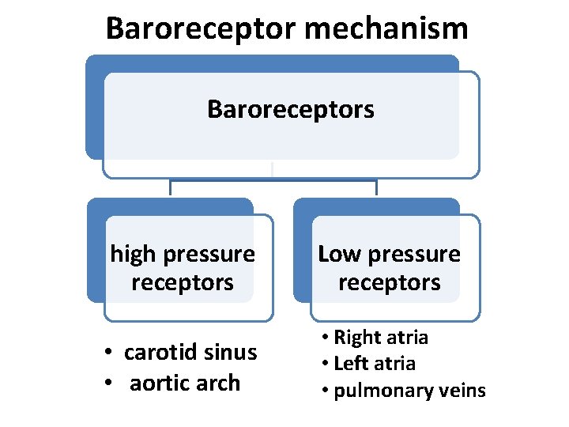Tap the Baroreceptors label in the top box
[x=290, y=109]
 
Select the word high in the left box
[x=131, y=254]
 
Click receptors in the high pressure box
[x=183, y=282]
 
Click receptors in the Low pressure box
[x=389, y=282]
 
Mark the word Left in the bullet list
[x=351, y=364]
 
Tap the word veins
[x=462, y=390]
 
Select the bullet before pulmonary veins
[x=326, y=391]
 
